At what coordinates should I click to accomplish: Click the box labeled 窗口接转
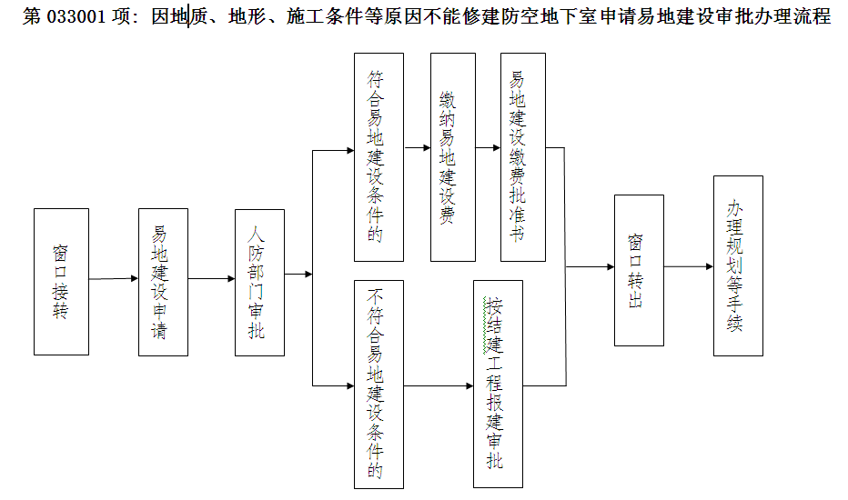pos(61,282)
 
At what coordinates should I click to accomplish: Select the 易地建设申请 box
pos(164,282)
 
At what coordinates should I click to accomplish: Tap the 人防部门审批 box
pos(259,283)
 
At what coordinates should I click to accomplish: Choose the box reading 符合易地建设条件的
pos(379,157)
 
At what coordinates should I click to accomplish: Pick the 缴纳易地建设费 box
pos(453,157)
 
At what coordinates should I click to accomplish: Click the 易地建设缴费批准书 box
pos(523,157)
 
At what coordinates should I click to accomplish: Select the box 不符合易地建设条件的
pos(379,385)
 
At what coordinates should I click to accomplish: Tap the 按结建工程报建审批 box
pos(498,384)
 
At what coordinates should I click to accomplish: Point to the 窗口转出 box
pos(640,270)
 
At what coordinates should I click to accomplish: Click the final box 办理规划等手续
pos(738,266)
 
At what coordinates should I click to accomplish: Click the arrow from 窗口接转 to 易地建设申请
pos(114,279)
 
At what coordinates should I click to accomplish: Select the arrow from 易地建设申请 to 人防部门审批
pos(211,279)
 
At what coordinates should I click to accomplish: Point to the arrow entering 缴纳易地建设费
pos(417,147)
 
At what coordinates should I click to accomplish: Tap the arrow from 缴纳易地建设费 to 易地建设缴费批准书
pos(488,147)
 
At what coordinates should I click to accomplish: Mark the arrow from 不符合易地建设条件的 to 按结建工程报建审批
pos(439,386)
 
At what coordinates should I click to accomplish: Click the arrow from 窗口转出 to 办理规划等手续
pos(689,266)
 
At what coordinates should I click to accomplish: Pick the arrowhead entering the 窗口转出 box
pos(611,266)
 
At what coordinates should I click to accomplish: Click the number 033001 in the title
pos(76,16)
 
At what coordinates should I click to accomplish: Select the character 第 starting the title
pos(31,16)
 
